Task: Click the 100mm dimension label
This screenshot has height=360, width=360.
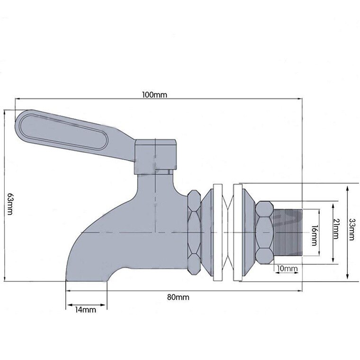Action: click(154, 95)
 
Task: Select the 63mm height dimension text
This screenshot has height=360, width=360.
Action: click(10, 204)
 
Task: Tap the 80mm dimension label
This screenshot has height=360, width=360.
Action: click(178, 297)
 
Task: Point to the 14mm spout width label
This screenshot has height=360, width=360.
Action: click(85, 310)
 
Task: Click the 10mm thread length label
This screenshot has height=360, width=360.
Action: click(287, 268)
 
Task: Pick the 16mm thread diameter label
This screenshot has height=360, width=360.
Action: click(314, 235)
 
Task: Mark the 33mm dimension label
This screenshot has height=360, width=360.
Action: click(351, 229)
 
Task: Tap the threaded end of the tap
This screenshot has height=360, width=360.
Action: click(288, 233)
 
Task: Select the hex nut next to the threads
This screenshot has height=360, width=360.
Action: click(264, 233)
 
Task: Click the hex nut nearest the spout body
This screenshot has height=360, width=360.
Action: click(194, 233)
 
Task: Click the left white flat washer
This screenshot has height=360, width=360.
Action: click(217, 233)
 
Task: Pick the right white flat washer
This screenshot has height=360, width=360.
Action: click(238, 233)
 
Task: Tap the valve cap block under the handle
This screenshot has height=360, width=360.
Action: click(155, 157)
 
